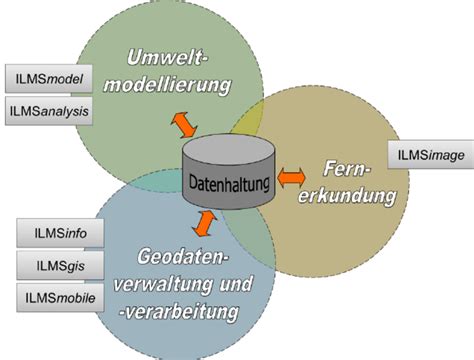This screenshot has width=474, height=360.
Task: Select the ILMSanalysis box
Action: pyautogui.click(x=49, y=111)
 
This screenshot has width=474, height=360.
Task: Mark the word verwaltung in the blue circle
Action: pyautogui.click(x=179, y=284)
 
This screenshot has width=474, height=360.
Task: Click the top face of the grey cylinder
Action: pyautogui.click(x=230, y=153)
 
